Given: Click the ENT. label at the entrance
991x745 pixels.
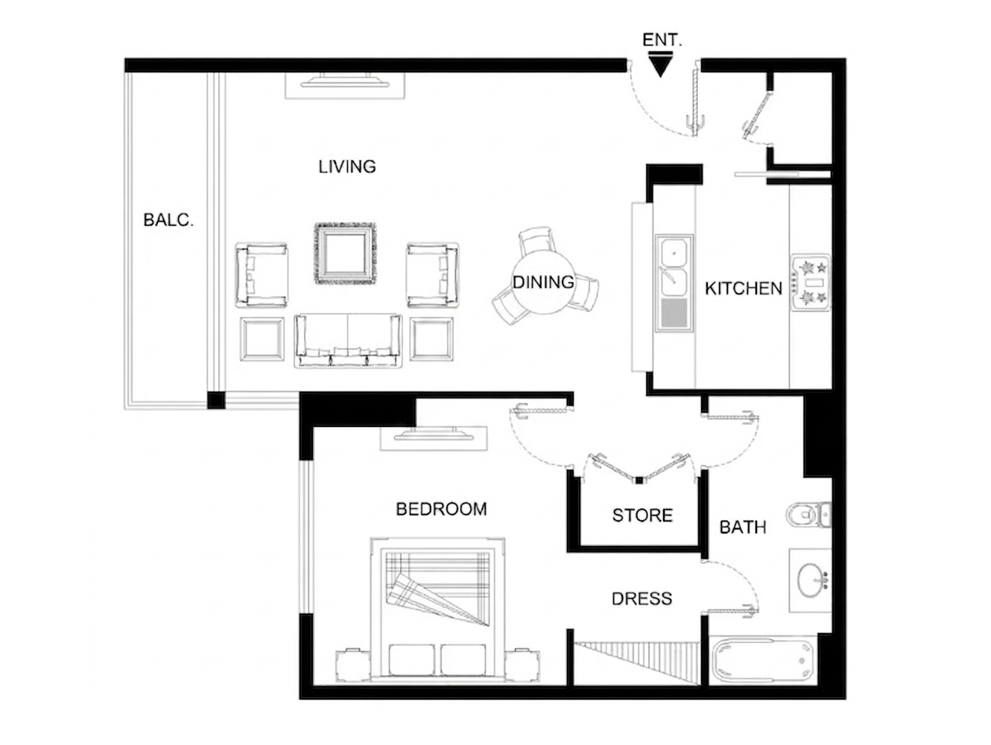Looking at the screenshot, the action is coord(662,40).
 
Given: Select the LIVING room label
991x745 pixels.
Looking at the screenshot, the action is coord(346,167).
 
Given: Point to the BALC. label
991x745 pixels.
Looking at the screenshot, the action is coord(168,221).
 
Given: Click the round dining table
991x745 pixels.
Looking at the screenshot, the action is coord(543,283).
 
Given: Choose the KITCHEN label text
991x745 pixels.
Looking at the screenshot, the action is coord(743,289).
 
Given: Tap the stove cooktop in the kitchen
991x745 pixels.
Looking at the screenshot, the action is coord(811,282).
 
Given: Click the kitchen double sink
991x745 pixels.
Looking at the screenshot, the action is coord(674,283).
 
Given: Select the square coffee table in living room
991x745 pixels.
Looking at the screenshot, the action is coord(346,253).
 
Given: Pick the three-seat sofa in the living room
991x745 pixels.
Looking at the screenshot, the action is coord(348,341).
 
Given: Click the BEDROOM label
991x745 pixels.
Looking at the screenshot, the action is coord(441,510).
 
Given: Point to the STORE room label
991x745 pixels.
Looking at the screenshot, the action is coord(642,516).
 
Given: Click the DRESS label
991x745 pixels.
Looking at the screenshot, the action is coord(642,599).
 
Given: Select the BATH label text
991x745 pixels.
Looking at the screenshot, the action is coord(742,527).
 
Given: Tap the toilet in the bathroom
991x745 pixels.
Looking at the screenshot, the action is coord(808,514).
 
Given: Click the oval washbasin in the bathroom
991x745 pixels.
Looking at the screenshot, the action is coord(811,580).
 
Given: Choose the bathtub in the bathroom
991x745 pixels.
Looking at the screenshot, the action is coord(763,661).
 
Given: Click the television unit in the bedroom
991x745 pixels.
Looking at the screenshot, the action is coord(434,438).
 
